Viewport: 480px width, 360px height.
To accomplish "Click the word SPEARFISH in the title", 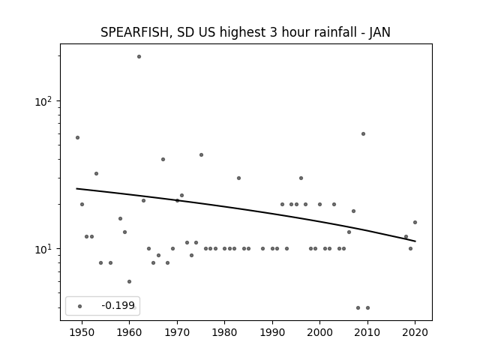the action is pyautogui.click(x=134, y=32).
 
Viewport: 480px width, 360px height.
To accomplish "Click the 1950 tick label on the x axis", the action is pyautogui.click(x=82, y=332).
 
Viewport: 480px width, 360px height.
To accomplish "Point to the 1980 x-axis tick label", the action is pyautogui.click(x=225, y=332).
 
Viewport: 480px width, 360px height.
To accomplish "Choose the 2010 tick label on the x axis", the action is pyautogui.click(x=367, y=332).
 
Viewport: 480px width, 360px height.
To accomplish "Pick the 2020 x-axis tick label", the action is pyautogui.click(x=415, y=332).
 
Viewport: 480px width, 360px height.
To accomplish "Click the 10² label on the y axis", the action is pyautogui.click(x=43, y=100).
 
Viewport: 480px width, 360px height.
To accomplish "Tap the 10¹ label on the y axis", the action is pyautogui.click(x=43, y=248).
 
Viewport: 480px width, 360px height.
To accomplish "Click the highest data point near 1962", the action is pyautogui.click(x=139, y=57).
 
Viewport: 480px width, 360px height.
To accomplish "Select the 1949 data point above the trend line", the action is pyautogui.click(x=77, y=138).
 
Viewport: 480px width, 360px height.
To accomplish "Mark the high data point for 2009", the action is pyautogui.click(x=363, y=133).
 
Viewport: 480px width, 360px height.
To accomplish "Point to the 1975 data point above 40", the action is pyautogui.click(x=201, y=155).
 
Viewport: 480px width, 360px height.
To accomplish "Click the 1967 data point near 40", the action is pyautogui.click(x=163, y=160).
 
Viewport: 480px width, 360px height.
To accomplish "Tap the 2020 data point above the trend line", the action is pyautogui.click(x=415, y=222).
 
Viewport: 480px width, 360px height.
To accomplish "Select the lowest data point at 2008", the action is pyautogui.click(x=358, y=307).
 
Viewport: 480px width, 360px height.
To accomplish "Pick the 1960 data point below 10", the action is pyautogui.click(x=129, y=282).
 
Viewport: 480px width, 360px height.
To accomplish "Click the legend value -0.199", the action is pyautogui.click(x=118, y=305).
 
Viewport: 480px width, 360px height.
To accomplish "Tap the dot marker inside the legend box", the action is pyautogui.click(x=80, y=306).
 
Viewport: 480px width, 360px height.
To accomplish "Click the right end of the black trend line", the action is pyautogui.click(x=415, y=241).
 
